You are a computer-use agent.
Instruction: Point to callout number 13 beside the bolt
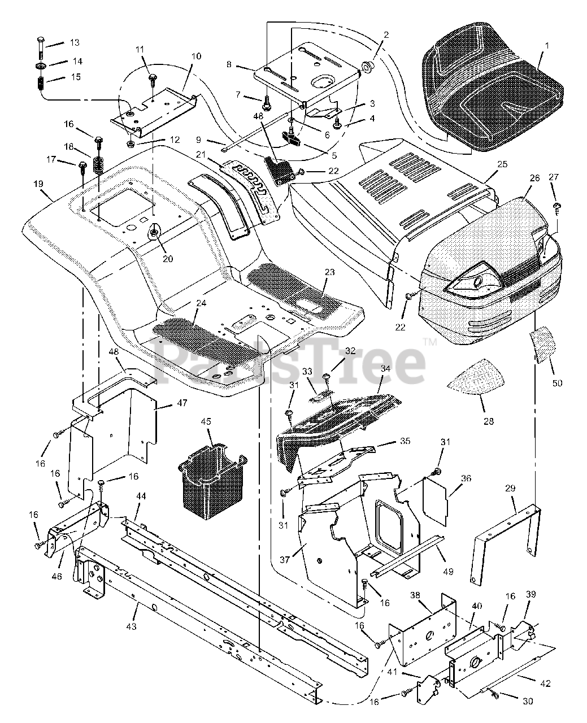tap(75, 43)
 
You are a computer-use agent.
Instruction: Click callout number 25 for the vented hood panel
tap(502, 164)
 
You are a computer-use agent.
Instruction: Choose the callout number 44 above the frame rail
tap(141, 495)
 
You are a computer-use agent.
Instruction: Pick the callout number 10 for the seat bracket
tap(195, 56)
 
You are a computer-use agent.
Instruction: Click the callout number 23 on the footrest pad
tap(329, 272)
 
